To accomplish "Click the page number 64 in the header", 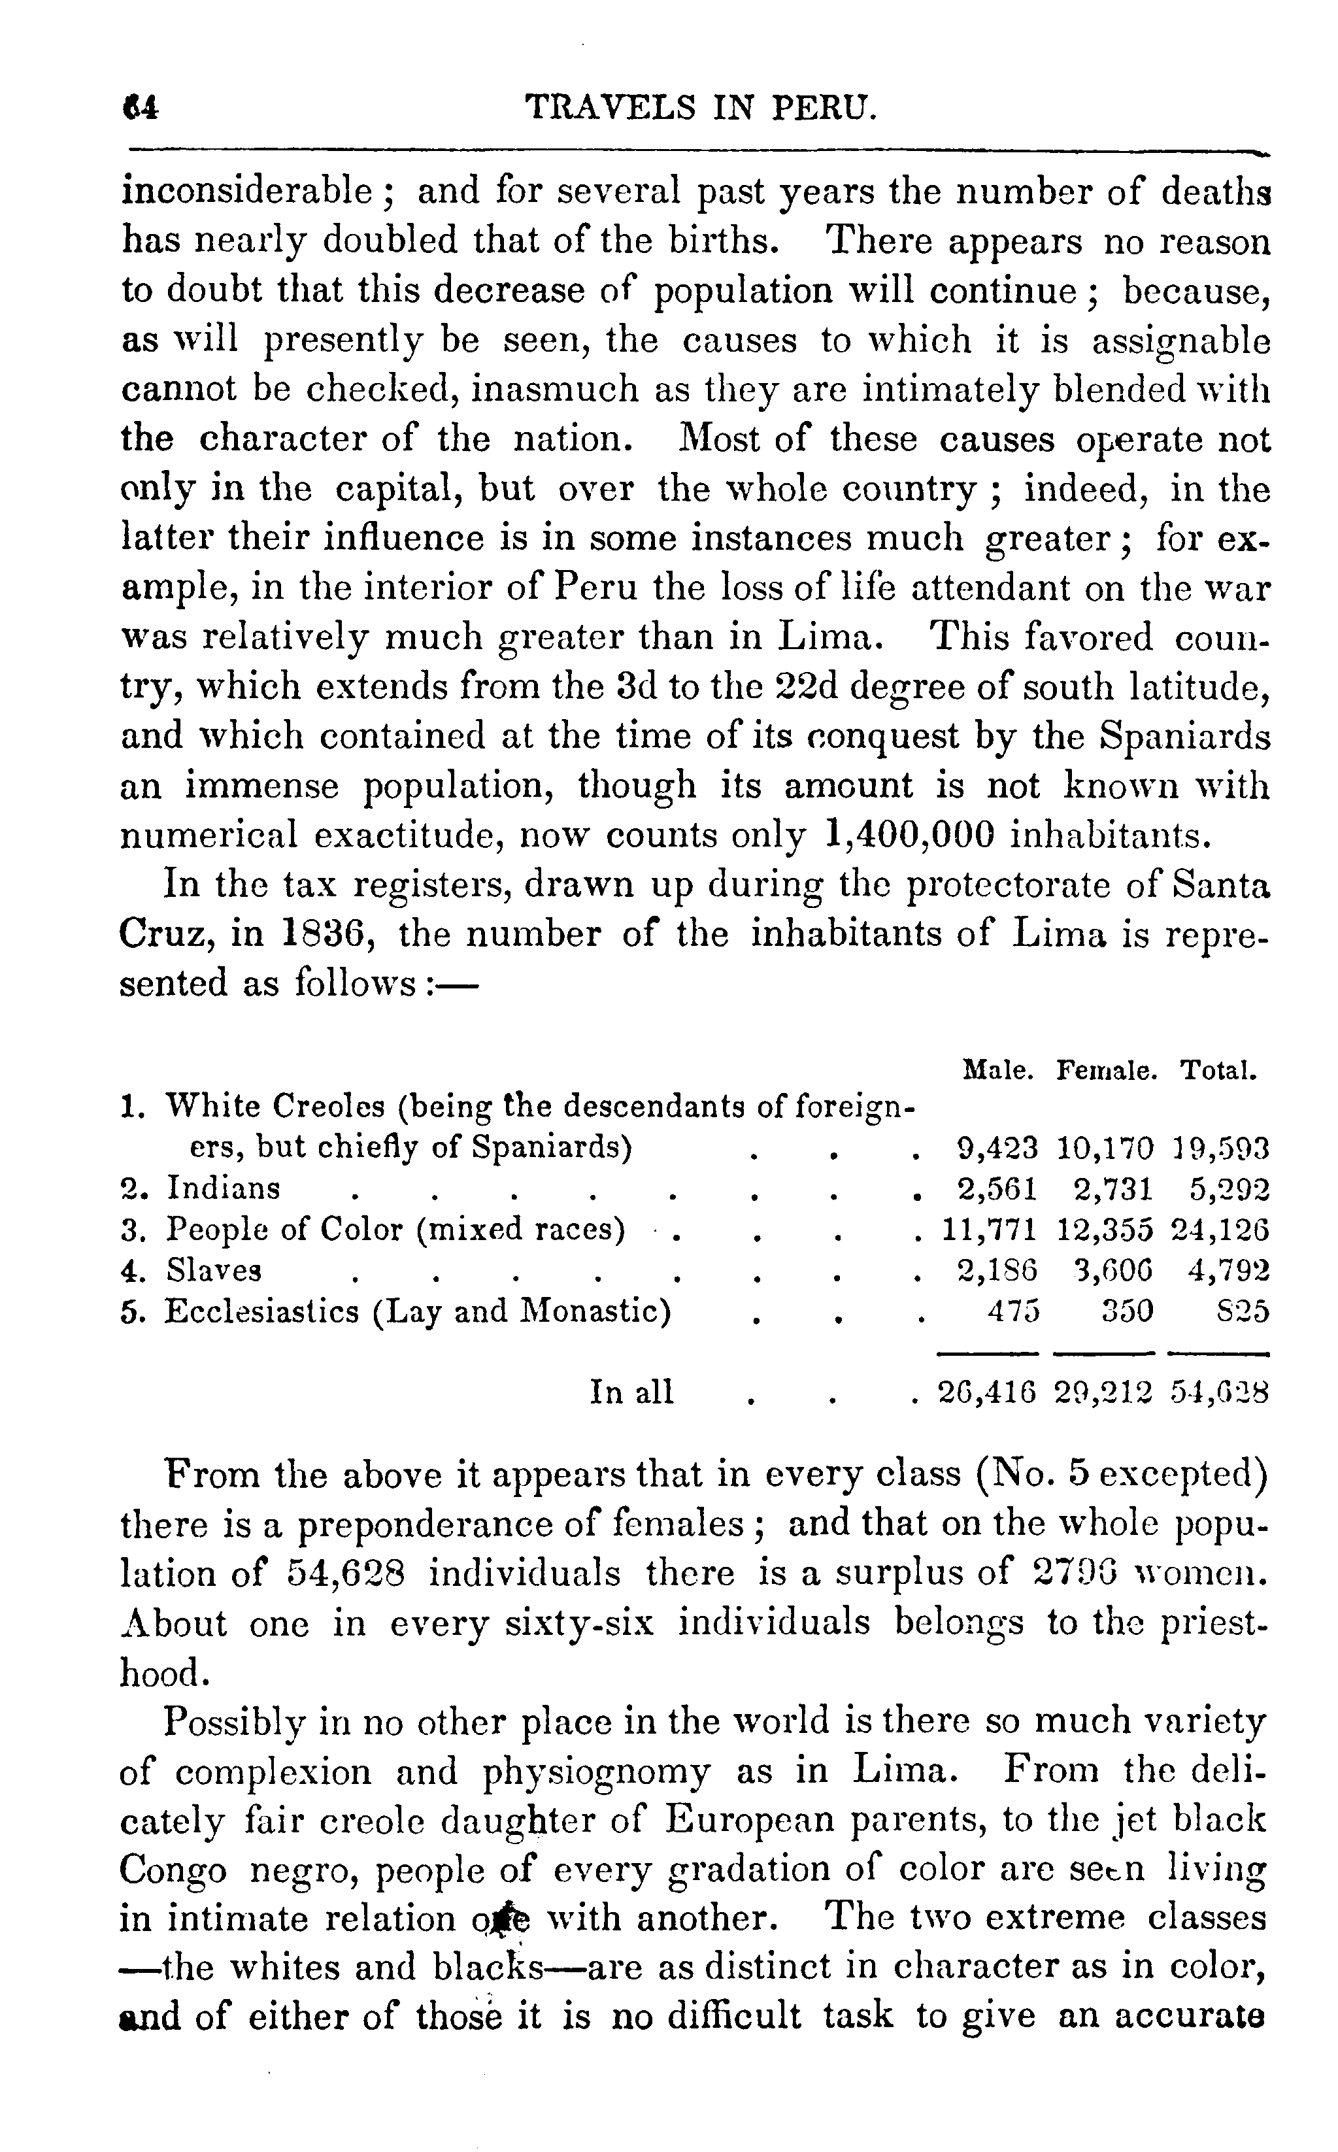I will (142, 108).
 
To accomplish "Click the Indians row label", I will (223, 1188).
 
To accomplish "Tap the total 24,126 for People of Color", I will (1220, 1230).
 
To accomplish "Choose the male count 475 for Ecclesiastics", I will (1014, 1311).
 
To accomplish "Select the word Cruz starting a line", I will (163, 934).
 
